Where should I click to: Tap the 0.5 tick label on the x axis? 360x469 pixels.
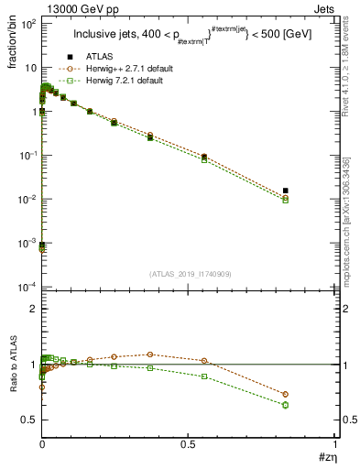click(x=189, y=443)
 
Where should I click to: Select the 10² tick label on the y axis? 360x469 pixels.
click(x=28, y=24)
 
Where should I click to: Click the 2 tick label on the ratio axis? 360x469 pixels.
click(x=32, y=310)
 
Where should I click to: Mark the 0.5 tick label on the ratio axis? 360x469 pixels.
click(x=29, y=420)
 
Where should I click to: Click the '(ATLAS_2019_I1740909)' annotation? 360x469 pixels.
click(x=189, y=273)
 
